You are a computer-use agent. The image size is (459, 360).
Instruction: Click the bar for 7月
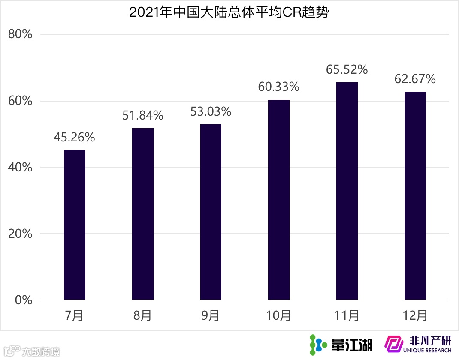click(x=75, y=225)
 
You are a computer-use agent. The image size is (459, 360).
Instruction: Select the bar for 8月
click(x=143, y=214)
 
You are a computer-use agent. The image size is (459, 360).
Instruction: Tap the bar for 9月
click(x=211, y=212)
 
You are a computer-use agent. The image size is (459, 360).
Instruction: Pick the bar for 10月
click(x=279, y=200)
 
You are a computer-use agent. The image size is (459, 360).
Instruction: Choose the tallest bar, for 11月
click(x=347, y=191)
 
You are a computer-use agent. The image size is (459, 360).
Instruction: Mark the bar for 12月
click(x=415, y=196)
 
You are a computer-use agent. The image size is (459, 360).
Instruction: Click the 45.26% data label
click(x=74, y=138)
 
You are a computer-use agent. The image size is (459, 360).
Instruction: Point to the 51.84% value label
click(x=142, y=115)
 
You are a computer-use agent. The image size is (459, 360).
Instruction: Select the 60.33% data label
click(x=278, y=87)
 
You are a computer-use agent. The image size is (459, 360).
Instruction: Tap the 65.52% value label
click(x=347, y=69)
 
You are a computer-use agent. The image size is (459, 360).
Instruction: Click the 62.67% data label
click(x=415, y=79)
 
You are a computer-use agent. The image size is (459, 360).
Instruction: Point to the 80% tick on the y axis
click(x=21, y=34)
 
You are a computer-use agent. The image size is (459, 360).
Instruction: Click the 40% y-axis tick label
click(x=21, y=168)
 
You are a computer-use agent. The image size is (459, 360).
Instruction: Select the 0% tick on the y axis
click(x=24, y=300)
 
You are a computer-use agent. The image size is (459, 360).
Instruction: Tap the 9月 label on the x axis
click(x=211, y=316)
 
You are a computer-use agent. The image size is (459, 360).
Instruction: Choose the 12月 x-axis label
click(x=415, y=316)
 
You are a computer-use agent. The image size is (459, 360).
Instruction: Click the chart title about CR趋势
click(x=229, y=12)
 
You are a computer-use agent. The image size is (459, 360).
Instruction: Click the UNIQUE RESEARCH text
click(x=427, y=351)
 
